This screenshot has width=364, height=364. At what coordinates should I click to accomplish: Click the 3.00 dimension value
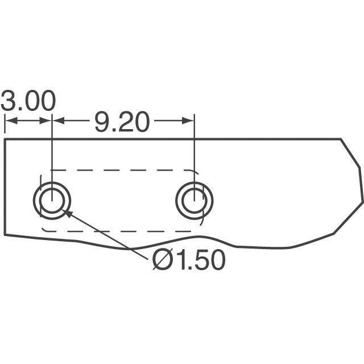tap(28, 101)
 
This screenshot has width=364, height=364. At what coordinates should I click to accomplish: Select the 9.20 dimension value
tap(121, 122)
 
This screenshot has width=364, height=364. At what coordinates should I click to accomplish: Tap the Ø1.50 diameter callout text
tap(189, 259)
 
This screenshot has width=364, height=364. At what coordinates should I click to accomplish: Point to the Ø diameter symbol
tap(163, 259)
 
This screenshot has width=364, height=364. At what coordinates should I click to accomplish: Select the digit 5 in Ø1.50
tap(201, 259)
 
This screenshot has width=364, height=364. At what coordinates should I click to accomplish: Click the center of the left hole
tap(52, 201)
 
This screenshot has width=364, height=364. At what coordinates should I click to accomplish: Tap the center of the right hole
tap(195, 201)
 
